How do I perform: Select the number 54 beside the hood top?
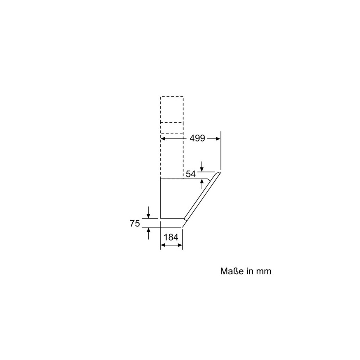click(190, 174)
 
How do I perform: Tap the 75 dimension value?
click(135, 224)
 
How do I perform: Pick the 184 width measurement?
click(171, 237)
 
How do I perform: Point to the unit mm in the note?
click(264, 271)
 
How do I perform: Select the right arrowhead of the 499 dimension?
click(218, 138)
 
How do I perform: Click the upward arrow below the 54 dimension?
click(202, 182)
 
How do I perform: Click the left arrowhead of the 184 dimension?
click(162, 245)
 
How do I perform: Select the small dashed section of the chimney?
click(172, 128)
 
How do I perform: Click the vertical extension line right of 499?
click(220, 151)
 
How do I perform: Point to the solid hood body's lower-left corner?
click(160, 218)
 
